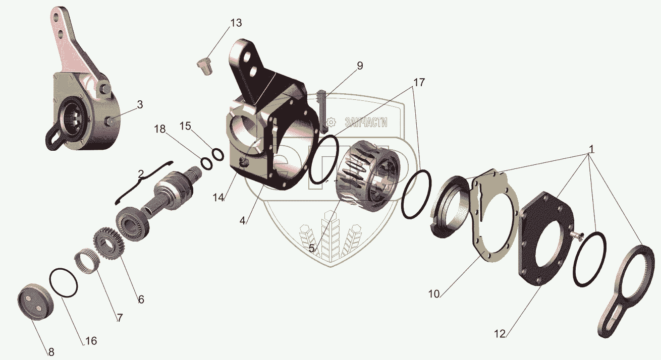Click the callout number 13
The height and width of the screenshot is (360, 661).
pos(236,23)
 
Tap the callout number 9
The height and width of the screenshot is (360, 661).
pos(360,66)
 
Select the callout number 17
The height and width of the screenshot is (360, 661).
pos(419,83)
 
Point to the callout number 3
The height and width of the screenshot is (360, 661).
pos(140,104)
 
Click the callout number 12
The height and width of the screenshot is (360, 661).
pos(500,334)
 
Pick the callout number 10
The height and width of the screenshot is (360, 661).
pos(434,294)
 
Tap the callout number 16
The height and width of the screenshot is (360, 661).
pos(91,341)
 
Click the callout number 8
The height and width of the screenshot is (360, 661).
pos(51,352)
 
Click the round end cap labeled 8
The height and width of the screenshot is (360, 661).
pos(36,303)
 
